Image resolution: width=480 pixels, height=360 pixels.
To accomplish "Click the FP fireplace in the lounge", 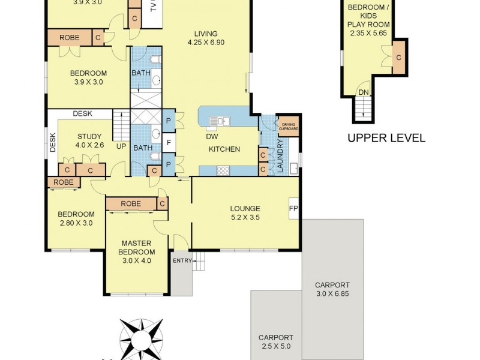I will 294,209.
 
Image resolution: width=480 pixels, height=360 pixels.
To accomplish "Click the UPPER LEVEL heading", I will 386,138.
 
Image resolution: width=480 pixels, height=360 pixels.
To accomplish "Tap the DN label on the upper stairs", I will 363,92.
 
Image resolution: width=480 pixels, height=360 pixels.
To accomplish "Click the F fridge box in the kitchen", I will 169,143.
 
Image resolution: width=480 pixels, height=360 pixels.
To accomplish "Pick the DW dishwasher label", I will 212,136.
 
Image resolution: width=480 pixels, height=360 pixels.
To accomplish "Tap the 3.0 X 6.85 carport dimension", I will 332,294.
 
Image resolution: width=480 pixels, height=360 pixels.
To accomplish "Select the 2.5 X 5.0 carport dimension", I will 275,346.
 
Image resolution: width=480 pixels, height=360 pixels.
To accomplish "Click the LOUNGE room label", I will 245,209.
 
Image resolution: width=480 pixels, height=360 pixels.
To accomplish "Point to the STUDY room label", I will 89,136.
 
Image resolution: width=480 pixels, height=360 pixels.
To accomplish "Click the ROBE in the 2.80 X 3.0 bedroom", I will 64,182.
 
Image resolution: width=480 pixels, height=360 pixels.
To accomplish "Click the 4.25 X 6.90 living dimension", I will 205,43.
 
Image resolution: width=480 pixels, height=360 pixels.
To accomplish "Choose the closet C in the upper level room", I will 398,58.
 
